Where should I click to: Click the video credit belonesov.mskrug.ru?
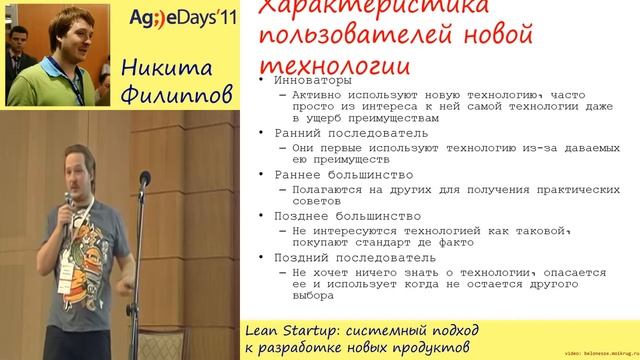pos(600,353)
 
